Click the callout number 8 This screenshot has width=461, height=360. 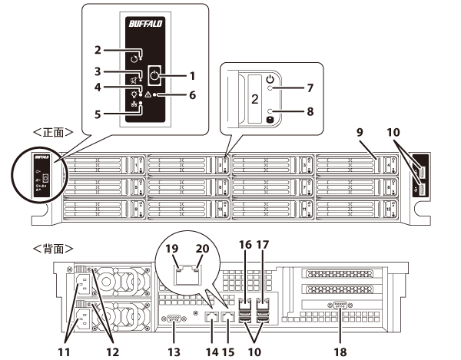tap(310, 111)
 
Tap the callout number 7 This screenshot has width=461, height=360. tap(310, 88)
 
